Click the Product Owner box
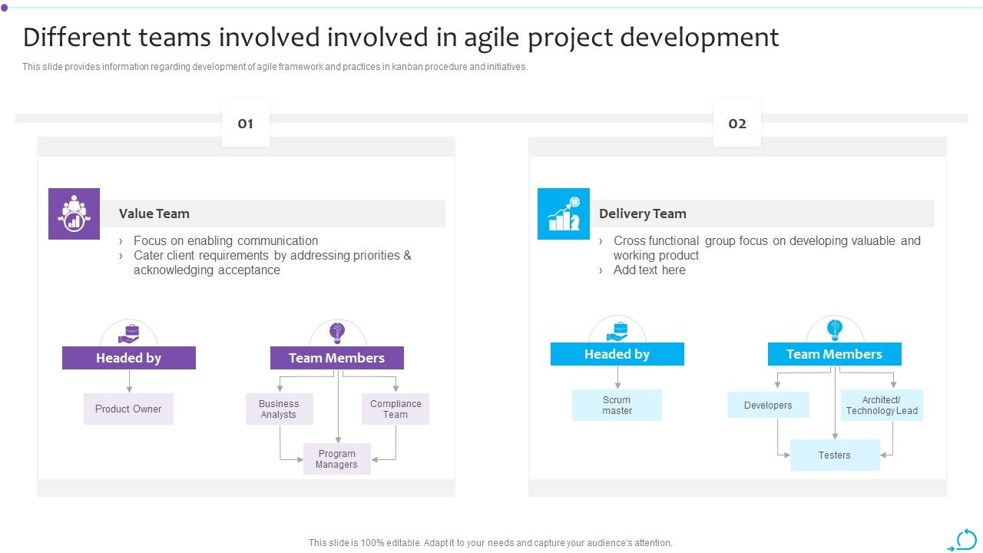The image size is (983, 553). pyautogui.click(x=128, y=409)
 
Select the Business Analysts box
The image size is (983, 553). pyautogui.click(x=279, y=409)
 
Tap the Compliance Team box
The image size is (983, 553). pyautogui.click(x=396, y=409)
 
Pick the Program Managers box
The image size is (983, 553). pyautogui.click(x=336, y=459)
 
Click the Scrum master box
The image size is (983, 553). pyautogui.click(x=617, y=406)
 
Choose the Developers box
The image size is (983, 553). pyautogui.click(x=768, y=406)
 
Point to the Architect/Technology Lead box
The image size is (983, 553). pyautogui.click(x=882, y=406)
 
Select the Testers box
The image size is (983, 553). pyautogui.click(x=834, y=455)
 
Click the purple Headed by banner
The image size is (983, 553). pyautogui.click(x=128, y=358)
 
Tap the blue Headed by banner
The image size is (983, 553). pyautogui.click(x=617, y=354)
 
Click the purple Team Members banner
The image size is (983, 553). pyautogui.click(x=336, y=358)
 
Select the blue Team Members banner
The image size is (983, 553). pyautogui.click(x=834, y=354)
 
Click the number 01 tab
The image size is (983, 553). pyautogui.click(x=246, y=124)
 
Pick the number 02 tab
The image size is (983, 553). pyautogui.click(x=737, y=124)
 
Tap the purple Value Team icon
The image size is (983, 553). pyautogui.click(x=74, y=214)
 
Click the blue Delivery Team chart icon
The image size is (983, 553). pyautogui.click(x=564, y=214)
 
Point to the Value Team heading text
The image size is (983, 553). pyautogui.click(x=154, y=214)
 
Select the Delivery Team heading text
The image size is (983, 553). pyautogui.click(x=643, y=214)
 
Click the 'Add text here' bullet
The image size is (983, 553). pyautogui.click(x=649, y=270)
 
